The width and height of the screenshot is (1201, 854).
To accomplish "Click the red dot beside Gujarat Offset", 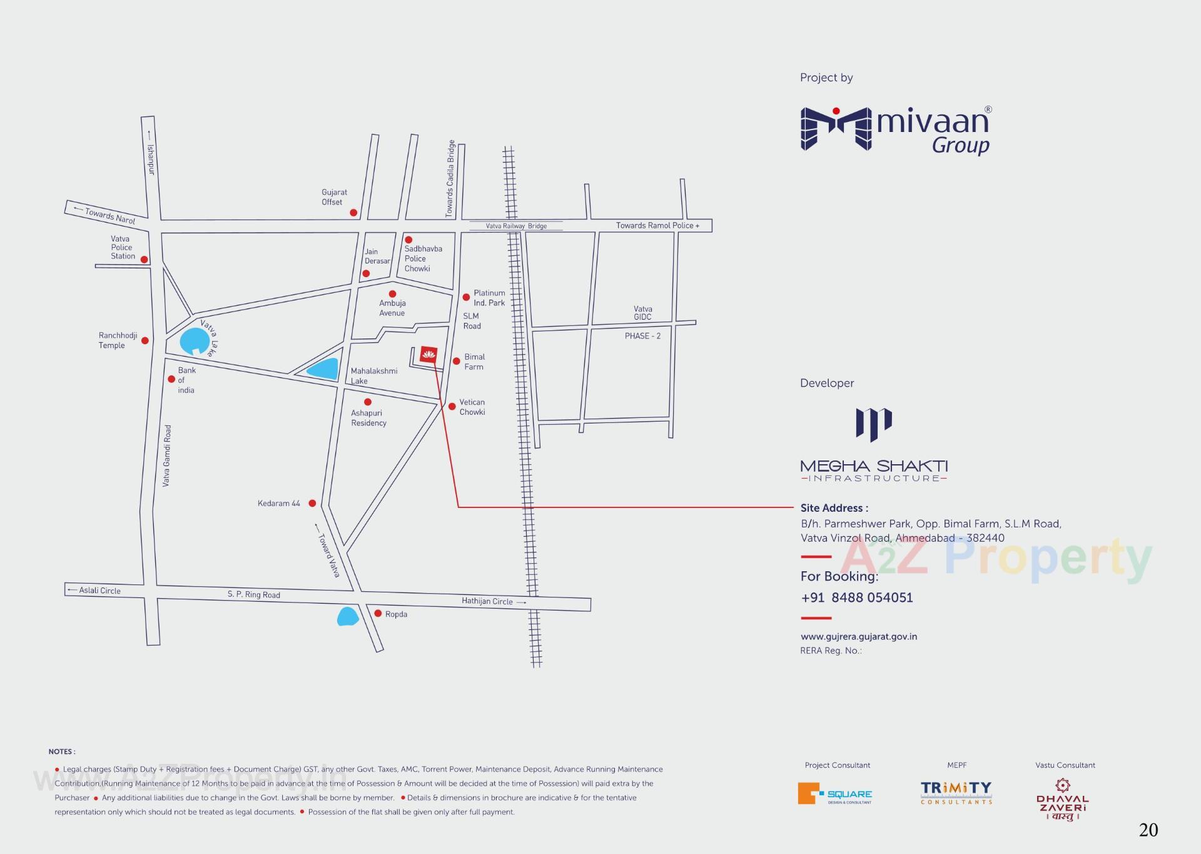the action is pyautogui.click(x=353, y=213).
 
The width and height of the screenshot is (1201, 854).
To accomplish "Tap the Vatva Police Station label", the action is pyautogui.click(x=123, y=248).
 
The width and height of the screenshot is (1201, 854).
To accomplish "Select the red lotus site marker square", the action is pyautogui.click(x=428, y=354).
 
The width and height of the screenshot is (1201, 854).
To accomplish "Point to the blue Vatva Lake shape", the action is pyautogui.click(x=194, y=342).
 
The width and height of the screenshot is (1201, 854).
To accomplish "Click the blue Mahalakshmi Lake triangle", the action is pyautogui.click(x=323, y=369).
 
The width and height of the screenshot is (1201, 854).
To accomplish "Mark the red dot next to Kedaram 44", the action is pyautogui.click(x=312, y=503).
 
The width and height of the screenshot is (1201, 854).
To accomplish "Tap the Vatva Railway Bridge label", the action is pyautogui.click(x=516, y=226).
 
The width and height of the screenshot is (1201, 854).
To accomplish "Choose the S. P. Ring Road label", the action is pyautogui.click(x=253, y=594).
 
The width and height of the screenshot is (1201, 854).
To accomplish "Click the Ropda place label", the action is pyautogui.click(x=396, y=614).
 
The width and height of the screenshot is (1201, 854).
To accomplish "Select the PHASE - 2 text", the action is pyautogui.click(x=642, y=336).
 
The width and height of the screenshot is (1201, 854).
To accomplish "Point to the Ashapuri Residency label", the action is pyautogui.click(x=368, y=418).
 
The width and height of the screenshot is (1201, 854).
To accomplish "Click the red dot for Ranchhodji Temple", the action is pyautogui.click(x=145, y=340).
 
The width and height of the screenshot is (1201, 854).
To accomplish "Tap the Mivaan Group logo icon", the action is pyautogui.click(x=836, y=129).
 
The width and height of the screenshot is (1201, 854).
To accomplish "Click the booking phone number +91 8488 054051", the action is pyautogui.click(x=856, y=597).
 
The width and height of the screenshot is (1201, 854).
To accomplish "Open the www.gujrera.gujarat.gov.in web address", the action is pyautogui.click(x=858, y=636).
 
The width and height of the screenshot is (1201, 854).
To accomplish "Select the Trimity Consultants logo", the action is pyautogui.click(x=956, y=793).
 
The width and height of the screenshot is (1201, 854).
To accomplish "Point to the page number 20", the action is pyautogui.click(x=1148, y=830).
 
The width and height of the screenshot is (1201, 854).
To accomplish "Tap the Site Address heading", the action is pyautogui.click(x=834, y=508).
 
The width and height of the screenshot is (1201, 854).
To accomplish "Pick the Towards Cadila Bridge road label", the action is pyautogui.click(x=450, y=179).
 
